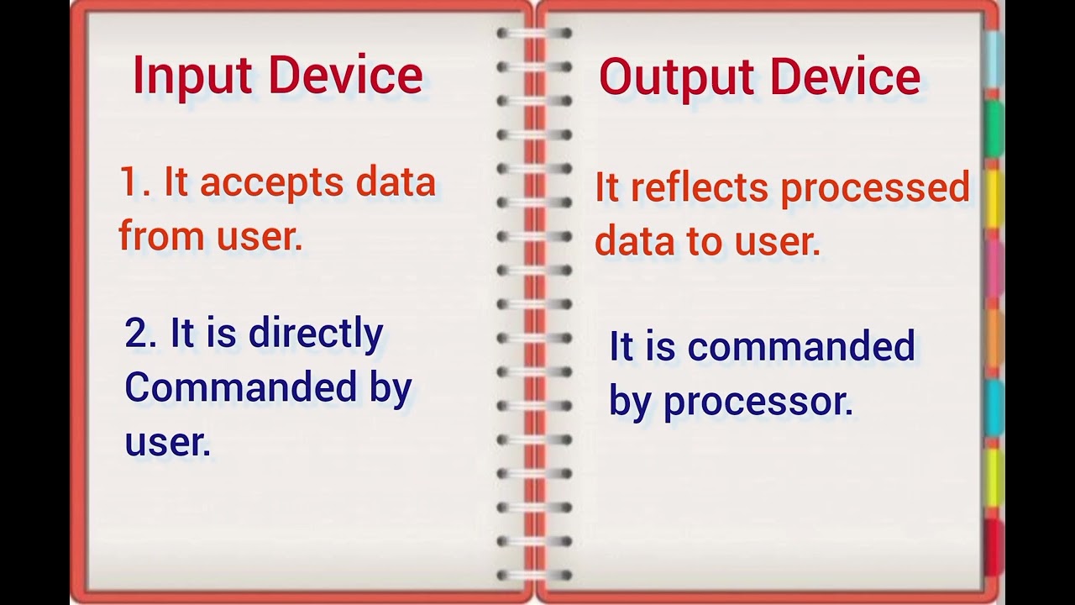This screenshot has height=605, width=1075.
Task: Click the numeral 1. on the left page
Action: click(134, 182)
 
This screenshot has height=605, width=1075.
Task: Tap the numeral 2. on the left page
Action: click(141, 334)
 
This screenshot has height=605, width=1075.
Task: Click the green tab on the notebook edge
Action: click(994, 129)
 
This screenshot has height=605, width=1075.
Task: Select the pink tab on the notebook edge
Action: click(994, 267)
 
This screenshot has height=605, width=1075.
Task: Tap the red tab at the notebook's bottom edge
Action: click(994, 546)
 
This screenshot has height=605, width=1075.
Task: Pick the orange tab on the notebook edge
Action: click(994, 338)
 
